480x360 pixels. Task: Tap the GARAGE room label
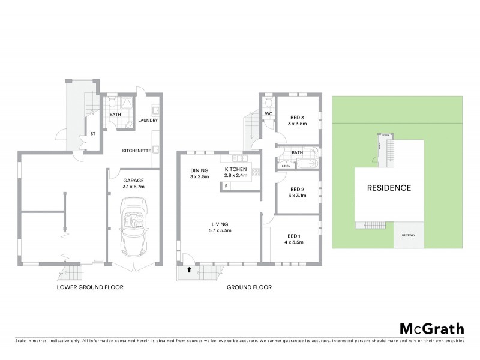click(133, 180)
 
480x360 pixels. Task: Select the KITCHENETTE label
click(136, 150)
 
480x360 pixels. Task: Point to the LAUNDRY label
click(148, 120)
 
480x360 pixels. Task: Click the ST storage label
click(93, 134)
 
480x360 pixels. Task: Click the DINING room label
click(199, 170)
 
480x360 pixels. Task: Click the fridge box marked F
click(226, 186)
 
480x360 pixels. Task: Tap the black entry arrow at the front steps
click(190, 270)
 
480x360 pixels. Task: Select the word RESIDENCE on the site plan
click(389, 188)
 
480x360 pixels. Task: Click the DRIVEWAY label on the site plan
click(409, 235)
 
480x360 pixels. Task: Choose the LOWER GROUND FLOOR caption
click(90, 287)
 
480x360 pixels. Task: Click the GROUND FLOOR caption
click(249, 287)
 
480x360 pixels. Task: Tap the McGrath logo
click(432, 328)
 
